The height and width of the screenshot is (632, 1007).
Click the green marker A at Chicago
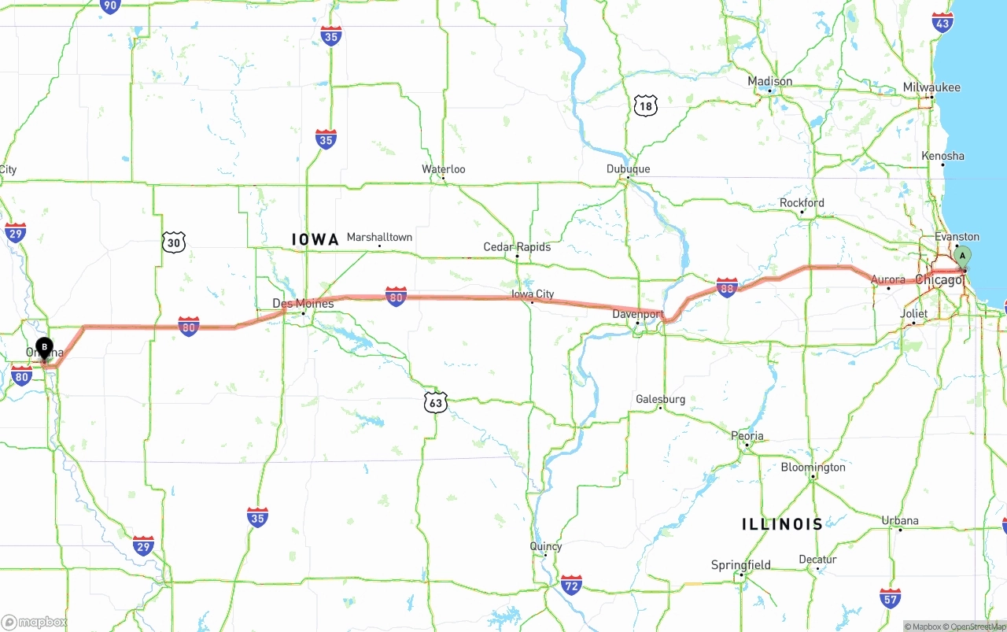961,257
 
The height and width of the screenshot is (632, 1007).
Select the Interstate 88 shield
727,287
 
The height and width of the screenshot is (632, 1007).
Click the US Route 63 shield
435,402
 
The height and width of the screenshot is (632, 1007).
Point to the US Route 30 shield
174,242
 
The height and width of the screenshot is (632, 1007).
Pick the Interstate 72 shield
571,585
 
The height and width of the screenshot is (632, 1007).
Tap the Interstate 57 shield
891,598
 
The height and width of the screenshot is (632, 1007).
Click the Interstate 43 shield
942,21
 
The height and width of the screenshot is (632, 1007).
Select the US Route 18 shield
645,105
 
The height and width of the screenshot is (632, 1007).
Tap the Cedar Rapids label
517,247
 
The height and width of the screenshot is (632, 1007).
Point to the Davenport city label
638,314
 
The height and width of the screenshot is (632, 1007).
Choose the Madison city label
769,81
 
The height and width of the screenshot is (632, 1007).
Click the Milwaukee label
931,87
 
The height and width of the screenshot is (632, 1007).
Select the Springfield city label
740,565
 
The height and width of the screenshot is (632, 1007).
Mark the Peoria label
747,436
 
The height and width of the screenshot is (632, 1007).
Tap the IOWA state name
315,239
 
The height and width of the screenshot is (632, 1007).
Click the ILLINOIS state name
782,524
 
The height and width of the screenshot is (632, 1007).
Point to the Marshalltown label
379,237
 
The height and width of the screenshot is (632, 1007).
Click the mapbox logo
35,622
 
